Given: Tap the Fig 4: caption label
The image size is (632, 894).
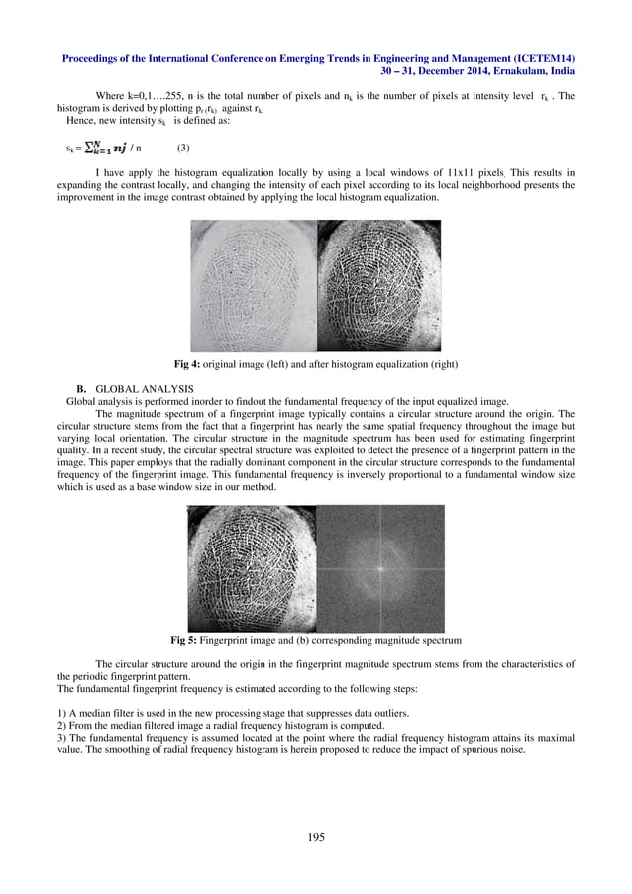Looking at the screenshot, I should (188, 365).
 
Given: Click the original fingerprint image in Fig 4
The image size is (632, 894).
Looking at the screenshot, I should (253, 285).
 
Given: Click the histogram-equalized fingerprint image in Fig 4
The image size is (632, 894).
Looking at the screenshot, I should (378, 285).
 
